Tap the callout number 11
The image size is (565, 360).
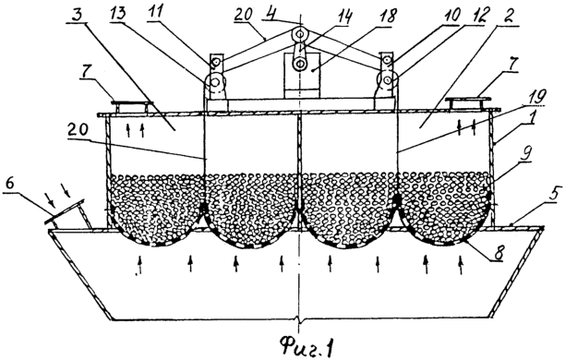[x=156, y=12]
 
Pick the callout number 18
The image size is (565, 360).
[x=388, y=17]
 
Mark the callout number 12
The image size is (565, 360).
[x=480, y=15]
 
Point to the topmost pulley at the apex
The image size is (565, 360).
[x=300, y=34]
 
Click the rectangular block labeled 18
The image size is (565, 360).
[x=302, y=75]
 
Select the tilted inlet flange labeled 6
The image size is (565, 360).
[x=65, y=211]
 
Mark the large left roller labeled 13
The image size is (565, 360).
[x=215, y=82]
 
